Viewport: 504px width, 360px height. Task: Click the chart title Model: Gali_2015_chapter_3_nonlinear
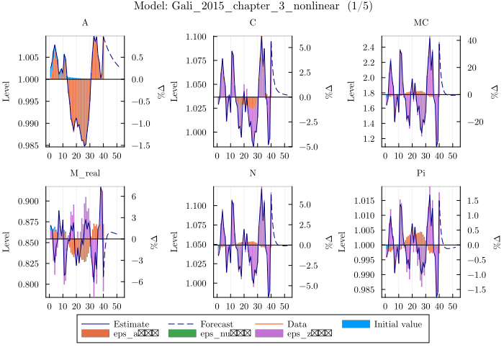tap(253, 6)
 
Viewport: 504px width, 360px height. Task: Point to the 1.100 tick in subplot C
tap(199, 36)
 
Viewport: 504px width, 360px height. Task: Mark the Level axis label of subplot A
tap(7, 91)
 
